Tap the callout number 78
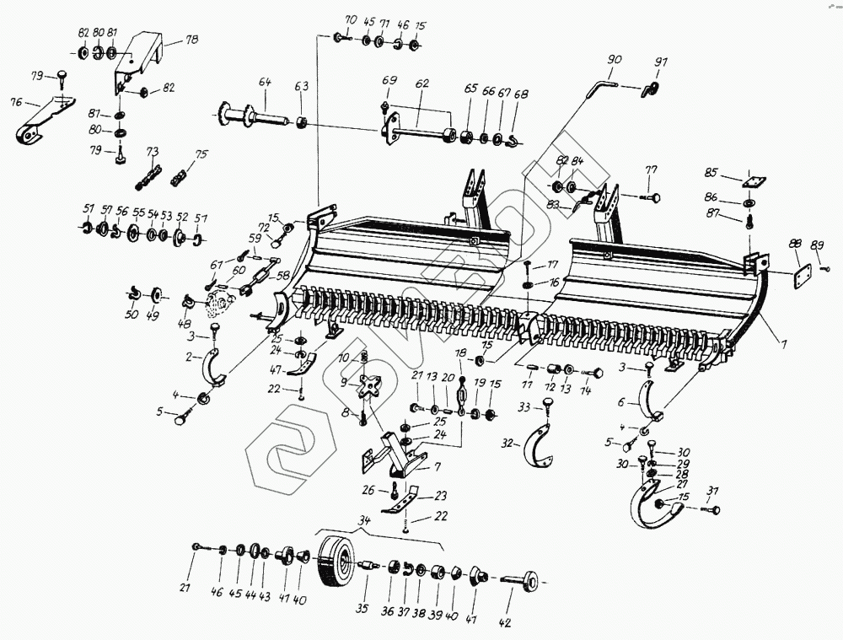click(x=192, y=40)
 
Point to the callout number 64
click(x=265, y=82)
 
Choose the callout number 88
click(x=795, y=243)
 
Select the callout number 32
click(x=507, y=443)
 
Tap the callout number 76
click(x=15, y=102)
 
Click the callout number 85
click(x=711, y=173)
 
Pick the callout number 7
click(x=437, y=466)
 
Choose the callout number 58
click(x=283, y=275)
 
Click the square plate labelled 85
click(x=752, y=180)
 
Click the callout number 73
click(x=153, y=153)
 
